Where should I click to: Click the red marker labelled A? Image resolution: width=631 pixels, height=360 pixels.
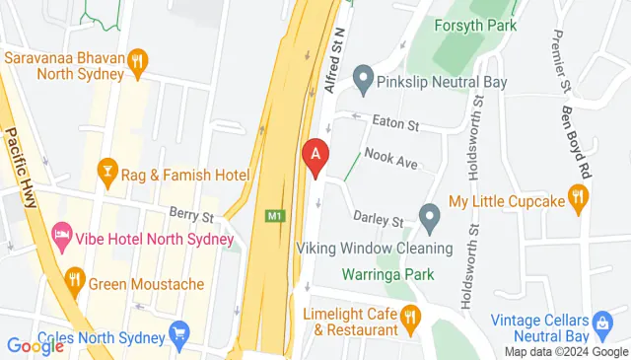point(315,156)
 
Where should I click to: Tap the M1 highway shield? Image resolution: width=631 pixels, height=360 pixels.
point(274,215)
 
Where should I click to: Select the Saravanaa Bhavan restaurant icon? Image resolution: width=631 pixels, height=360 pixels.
point(139,59)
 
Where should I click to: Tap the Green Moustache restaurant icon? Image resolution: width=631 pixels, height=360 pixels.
point(74,284)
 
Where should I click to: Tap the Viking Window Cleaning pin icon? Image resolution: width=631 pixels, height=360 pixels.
point(429,215)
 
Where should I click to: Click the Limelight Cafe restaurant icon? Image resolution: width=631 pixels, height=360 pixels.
point(411,316)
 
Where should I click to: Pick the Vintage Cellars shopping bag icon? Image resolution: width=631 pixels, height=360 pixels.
point(600,324)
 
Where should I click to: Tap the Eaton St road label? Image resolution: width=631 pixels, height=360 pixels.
point(396,126)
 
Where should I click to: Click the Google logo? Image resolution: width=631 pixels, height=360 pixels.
point(35,345)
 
